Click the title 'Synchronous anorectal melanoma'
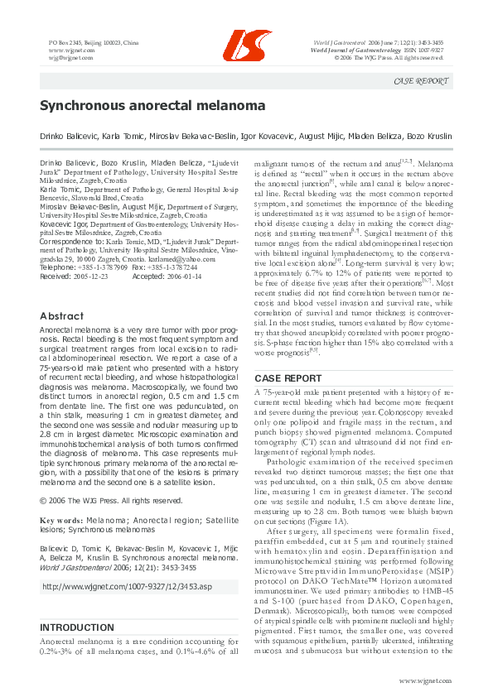click(x=152, y=106)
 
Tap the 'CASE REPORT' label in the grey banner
click(x=422, y=81)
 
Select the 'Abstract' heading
click(x=62, y=316)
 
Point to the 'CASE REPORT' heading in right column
click(x=287, y=378)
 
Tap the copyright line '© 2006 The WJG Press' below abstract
click(x=111, y=501)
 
